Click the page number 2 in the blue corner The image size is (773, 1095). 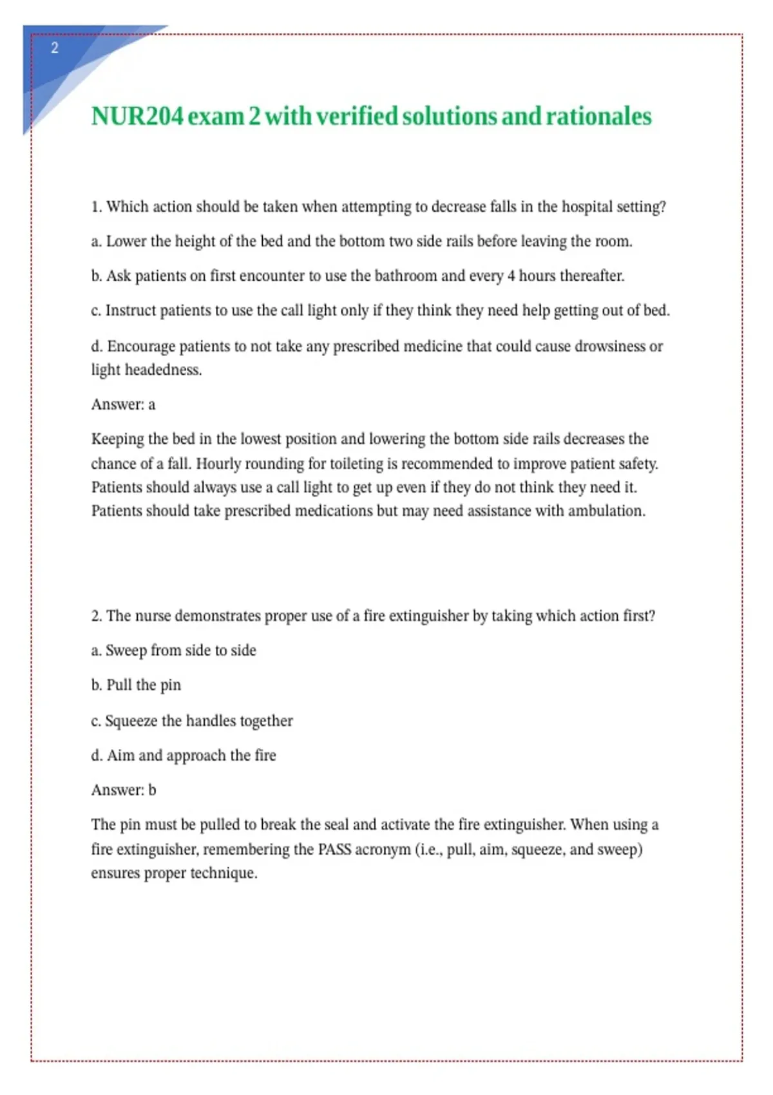55,48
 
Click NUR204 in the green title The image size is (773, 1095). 137,117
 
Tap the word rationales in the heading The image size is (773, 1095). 598,117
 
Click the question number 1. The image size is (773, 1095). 96,207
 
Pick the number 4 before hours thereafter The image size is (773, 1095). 511,276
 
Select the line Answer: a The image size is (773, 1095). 123,405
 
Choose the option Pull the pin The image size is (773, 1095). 136,685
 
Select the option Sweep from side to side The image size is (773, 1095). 173,651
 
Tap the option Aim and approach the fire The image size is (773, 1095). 184,756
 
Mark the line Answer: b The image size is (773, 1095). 124,790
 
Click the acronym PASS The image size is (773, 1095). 334,850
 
